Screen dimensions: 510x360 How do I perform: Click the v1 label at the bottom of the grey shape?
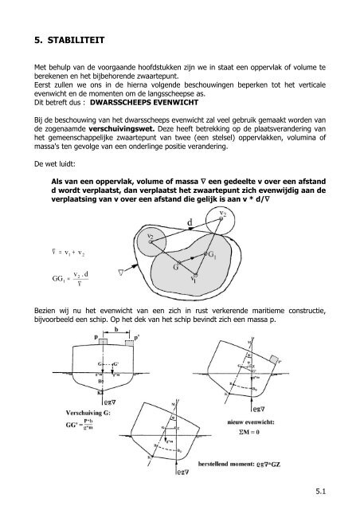tap(194, 280)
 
